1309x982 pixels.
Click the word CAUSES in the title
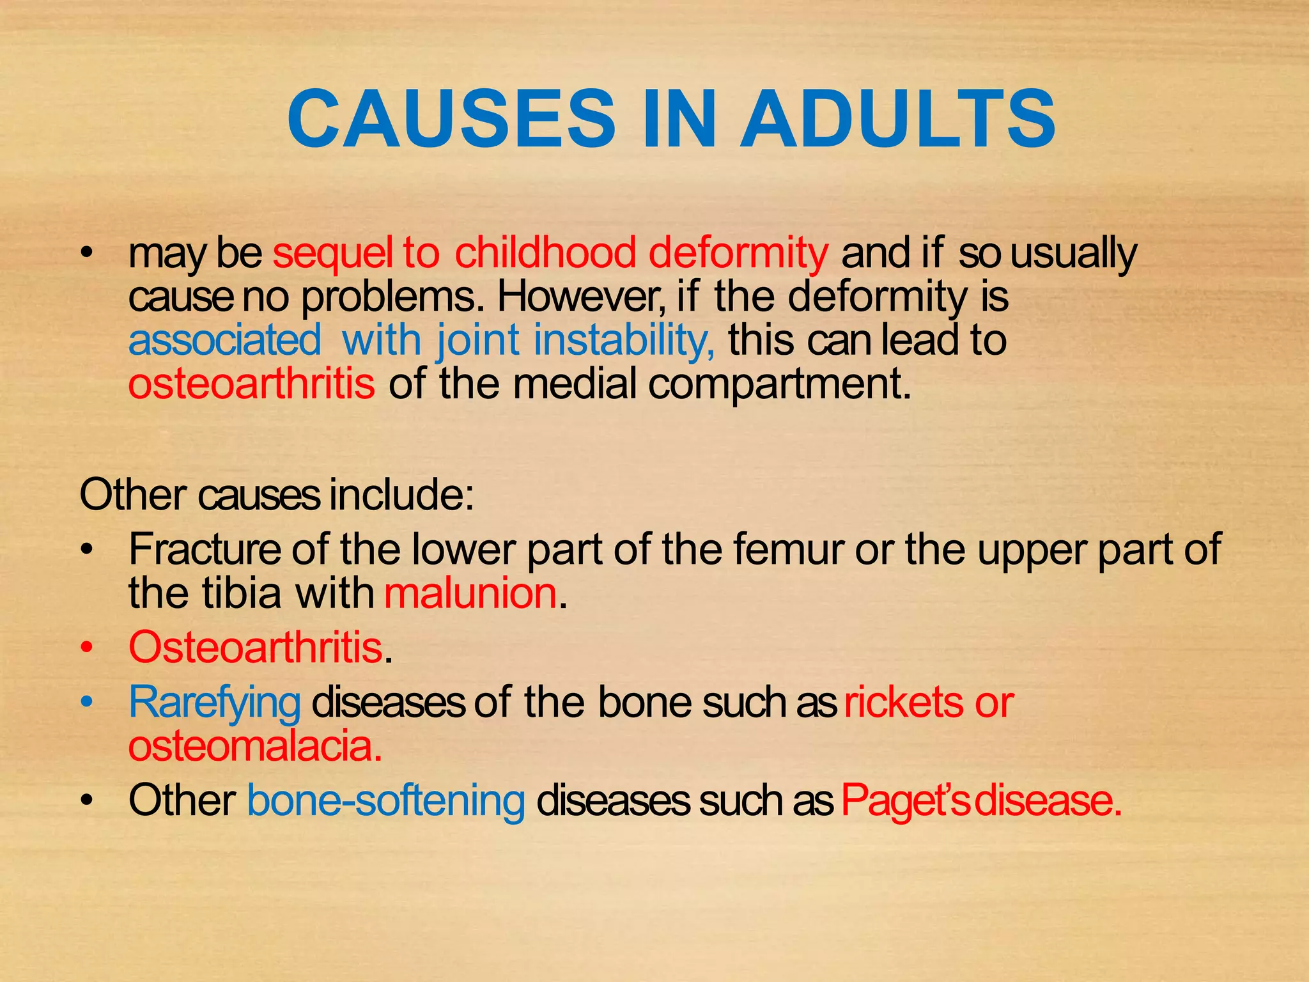click(x=451, y=119)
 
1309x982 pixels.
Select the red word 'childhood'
click(x=545, y=253)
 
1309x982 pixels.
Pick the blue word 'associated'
click(x=224, y=339)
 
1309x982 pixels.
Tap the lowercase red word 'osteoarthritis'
click(x=251, y=384)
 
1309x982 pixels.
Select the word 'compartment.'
click(x=780, y=385)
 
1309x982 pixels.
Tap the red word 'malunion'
click(x=470, y=593)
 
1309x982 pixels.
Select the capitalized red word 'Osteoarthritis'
click(x=255, y=647)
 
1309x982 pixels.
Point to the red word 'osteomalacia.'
click(x=255, y=746)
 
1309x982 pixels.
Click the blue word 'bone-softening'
click(x=386, y=800)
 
